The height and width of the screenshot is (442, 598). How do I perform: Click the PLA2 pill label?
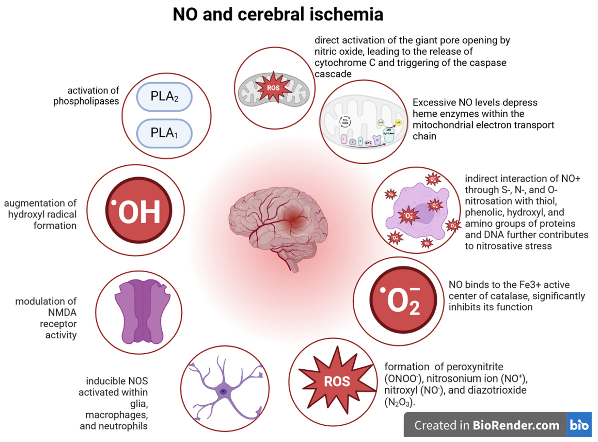click(x=164, y=97)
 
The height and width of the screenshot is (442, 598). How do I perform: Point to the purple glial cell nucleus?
click(x=223, y=392)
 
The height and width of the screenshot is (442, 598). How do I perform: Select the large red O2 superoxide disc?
click(x=403, y=300)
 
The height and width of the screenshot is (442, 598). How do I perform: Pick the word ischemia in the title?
click(x=346, y=14)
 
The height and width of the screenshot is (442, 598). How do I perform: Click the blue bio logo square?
click(x=579, y=425)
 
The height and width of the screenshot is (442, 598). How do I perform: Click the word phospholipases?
click(x=86, y=101)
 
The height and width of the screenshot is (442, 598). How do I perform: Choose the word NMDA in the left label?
click(x=62, y=312)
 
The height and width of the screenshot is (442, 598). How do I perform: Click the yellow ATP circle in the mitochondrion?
click(x=398, y=123)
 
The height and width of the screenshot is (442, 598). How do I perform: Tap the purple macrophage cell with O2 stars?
click(x=416, y=211)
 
